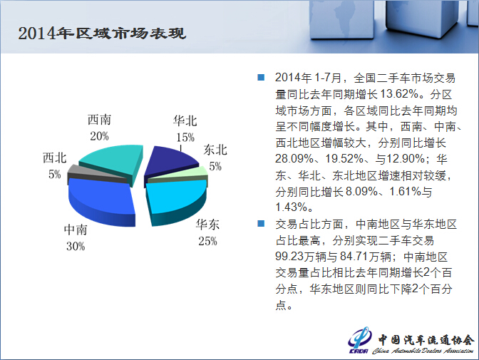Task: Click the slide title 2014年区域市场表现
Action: pos(102,34)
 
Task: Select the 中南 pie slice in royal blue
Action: pos(101,202)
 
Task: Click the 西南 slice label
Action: pos(99,120)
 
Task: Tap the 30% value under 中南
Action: pos(76,247)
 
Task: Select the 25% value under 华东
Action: pos(207,241)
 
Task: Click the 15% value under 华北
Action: pos(185,137)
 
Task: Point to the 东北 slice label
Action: pos(215,150)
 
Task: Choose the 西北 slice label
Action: pos(55,158)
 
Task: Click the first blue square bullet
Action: pos(261,77)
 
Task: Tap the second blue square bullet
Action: pos(261,223)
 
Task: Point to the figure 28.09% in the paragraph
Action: pos(294,158)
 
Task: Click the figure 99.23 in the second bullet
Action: pos(289,256)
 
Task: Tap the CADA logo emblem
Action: pos(359,340)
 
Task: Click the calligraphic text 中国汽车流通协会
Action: pos(426,339)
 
